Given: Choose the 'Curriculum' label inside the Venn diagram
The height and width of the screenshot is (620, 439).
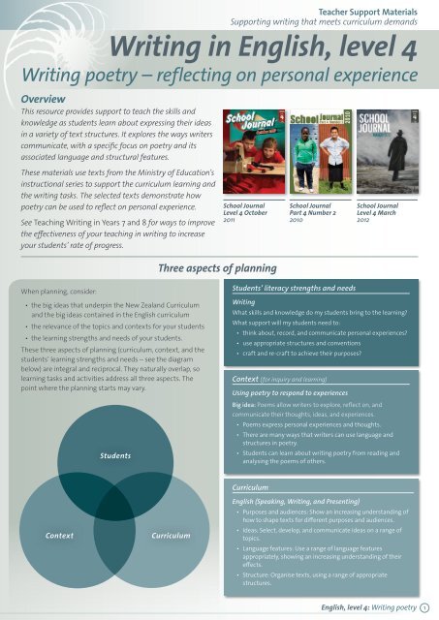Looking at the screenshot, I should (x=171, y=535).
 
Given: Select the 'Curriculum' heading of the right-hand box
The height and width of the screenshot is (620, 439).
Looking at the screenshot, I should (x=245, y=487).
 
